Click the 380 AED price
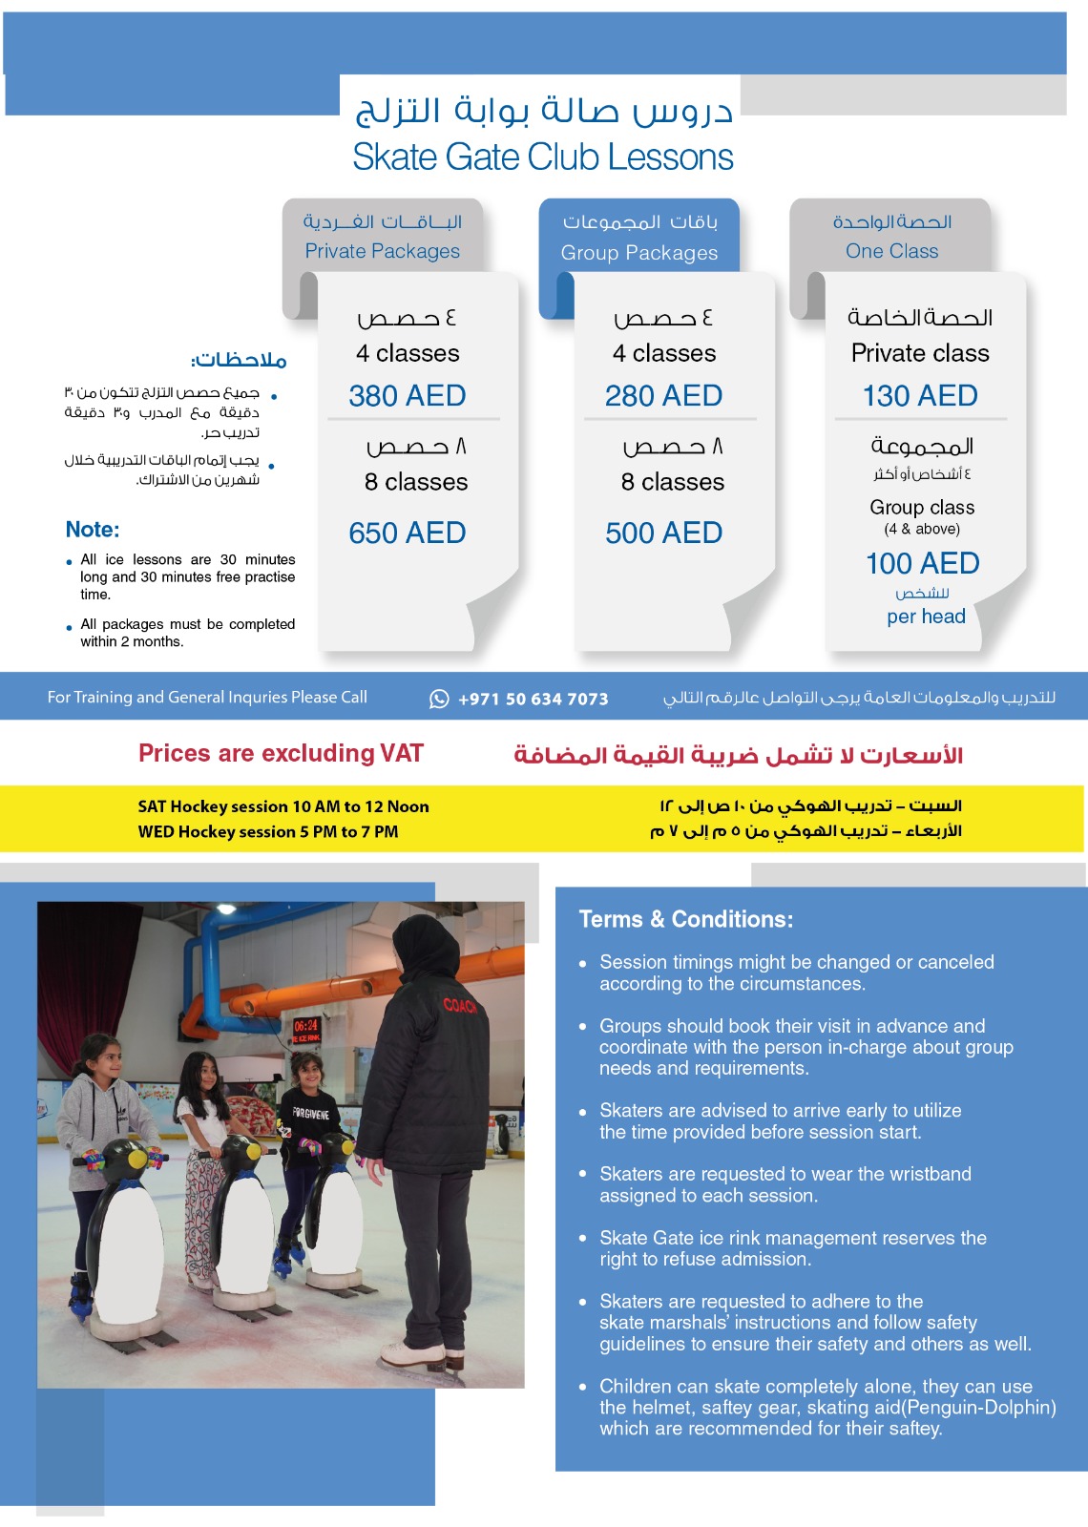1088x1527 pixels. coord(408,395)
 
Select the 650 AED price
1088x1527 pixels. coord(408,533)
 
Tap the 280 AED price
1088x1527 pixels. coord(663,395)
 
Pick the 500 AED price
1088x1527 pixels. coord(663,533)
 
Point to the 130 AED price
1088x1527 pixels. coord(920,395)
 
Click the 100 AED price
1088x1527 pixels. coord(922,563)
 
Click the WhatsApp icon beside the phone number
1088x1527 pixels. coord(439,699)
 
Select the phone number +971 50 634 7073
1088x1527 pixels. coord(533,699)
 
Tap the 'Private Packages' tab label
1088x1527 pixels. coord(382,251)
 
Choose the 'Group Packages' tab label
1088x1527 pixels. coord(638,253)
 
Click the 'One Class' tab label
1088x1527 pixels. coord(891,251)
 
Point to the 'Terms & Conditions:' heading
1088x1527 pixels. coord(685,919)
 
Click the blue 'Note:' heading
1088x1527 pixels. coord(93,530)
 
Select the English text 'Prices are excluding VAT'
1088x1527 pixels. coord(281,753)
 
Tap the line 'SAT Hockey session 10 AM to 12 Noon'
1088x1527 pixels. coord(283,806)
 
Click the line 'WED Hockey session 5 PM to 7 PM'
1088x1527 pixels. coord(268,831)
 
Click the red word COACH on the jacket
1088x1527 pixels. coord(460,1005)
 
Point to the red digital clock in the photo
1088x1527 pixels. coord(306,1026)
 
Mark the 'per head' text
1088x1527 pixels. coord(926,617)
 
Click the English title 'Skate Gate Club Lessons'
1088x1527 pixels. coord(542,157)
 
